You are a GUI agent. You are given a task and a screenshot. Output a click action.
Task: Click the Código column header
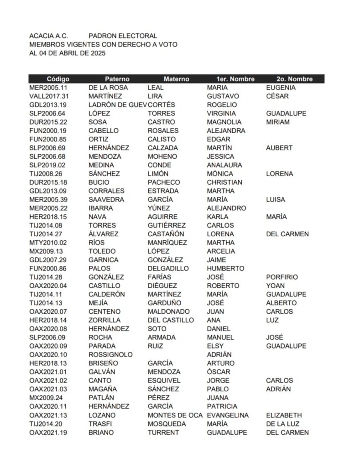point(58,79)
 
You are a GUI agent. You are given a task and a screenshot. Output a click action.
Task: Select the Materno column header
point(176,79)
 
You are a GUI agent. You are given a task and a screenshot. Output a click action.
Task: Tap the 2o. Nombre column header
point(294,79)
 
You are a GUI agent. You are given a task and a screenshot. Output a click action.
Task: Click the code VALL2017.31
point(49,96)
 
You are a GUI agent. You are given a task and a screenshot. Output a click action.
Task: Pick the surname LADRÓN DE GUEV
point(117,105)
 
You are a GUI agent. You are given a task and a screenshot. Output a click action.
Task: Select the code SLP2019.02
point(47,165)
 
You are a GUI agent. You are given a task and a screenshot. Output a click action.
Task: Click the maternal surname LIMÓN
point(158,174)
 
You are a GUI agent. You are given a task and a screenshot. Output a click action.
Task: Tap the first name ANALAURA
point(224,165)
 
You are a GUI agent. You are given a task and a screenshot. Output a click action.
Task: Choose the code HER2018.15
point(48,217)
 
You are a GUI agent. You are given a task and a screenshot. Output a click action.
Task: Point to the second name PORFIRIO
point(282,277)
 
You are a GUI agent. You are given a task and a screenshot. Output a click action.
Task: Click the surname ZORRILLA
point(104,320)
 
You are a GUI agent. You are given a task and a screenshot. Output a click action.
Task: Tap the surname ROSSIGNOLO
point(110,355)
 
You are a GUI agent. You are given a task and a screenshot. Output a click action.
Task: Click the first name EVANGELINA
point(228,415)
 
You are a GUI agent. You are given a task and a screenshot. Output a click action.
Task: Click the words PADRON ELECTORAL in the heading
point(123,36)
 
